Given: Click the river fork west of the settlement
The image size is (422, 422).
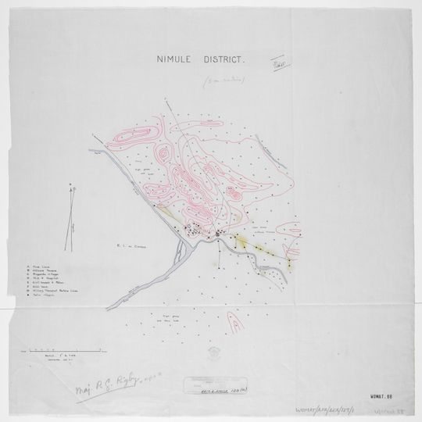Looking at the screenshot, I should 181,249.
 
